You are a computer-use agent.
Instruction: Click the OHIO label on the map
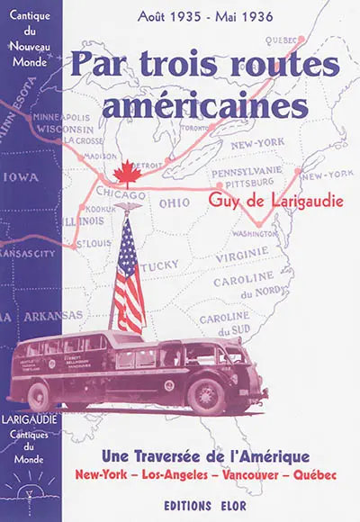175,202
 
